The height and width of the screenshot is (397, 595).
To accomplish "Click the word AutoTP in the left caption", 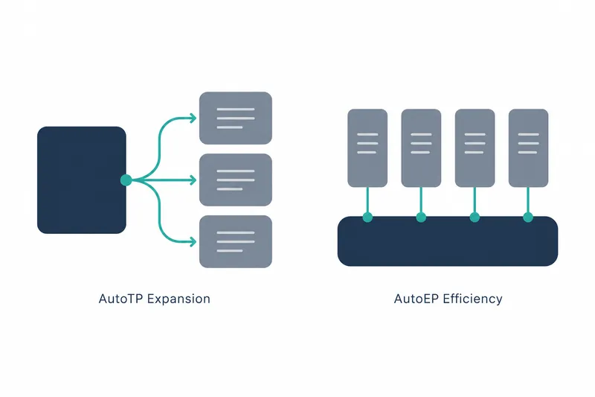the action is pos(121,299).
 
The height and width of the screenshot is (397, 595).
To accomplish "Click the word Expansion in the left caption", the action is pos(178,299).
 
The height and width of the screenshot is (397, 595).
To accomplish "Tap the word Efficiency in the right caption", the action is pos(472,299).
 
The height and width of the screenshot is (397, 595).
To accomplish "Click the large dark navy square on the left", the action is pos(82,180).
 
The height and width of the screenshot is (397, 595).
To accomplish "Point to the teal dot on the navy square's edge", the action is pos(126,180).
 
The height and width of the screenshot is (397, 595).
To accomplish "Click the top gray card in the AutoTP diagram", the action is pos(236,118).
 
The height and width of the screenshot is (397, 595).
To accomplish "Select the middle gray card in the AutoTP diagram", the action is pos(236,180).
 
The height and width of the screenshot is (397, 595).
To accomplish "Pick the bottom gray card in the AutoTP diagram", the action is pos(236,241).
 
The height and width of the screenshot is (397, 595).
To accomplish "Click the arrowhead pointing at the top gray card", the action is pos(193,118).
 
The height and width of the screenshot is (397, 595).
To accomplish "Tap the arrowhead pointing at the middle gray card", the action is pos(193,180).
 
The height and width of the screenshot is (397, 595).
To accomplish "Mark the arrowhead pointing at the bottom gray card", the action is pos(193,241).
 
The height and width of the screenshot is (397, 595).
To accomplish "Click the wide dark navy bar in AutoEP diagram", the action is pos(448,241).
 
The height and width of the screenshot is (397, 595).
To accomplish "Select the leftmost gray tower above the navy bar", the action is pos(367,148).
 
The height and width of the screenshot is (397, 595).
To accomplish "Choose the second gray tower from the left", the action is pos(421,148).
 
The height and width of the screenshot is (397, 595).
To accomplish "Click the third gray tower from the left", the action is pos(475,148).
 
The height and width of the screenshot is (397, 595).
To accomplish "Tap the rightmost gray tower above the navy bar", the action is pos(528,148).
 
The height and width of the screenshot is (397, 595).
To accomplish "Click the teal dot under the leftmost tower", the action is pos(367,217).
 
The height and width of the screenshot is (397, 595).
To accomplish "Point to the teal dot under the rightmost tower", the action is pos(528,217).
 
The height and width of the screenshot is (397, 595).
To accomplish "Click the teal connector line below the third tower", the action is pos(475,200).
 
